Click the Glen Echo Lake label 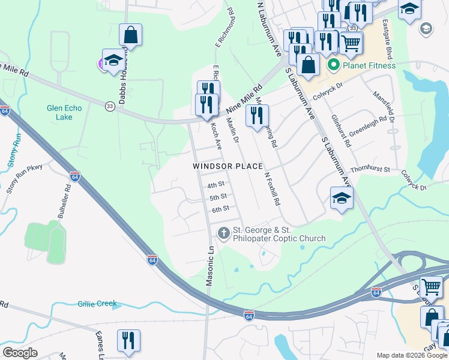pyautogui.click(x=59, y=113)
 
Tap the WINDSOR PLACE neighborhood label pyautogui.click(x=228, y=166)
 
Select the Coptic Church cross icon pyautogui.click(x=223, y=233)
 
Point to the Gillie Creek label pyautogui.click(x=97, y=304)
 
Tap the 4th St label pyautogui.click(x=215, y=185)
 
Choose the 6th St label pyautogui.click(x=220, y=209)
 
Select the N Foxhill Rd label pyautogui.click(x=273, y=190)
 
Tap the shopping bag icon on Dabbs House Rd pyautogui.click(x=130, y=35)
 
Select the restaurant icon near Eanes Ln pyautogui.click(x=128, y=340)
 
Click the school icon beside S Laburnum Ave pyautogui.click(x=341, y=199)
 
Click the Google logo pyautogui.click(x=20, y=353)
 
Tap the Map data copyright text pyautogui.click(x=412, y=355)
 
